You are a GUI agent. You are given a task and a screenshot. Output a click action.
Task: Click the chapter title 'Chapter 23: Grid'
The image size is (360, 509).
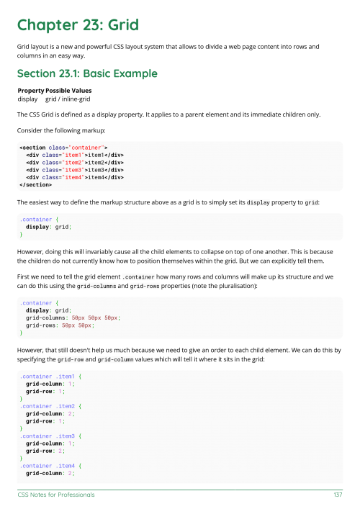[x=76, y=25]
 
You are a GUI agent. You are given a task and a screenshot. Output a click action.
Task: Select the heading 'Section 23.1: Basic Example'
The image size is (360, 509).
[x=87, y=73]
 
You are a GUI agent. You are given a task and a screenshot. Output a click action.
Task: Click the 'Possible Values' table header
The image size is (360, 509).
[x=69, y=90]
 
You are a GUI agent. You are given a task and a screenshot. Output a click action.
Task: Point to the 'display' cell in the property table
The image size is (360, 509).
[x=27, y=99]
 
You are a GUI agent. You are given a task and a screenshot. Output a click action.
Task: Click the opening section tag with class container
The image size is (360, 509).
[x=58, y=148]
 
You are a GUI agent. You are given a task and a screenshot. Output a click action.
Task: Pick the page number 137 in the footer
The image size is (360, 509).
[x=337, y=495]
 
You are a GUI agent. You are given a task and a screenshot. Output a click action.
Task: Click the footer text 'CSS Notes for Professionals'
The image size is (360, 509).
[x=56, y=495]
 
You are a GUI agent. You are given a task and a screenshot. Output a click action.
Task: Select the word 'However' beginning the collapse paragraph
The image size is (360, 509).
[x=31, y=253]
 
